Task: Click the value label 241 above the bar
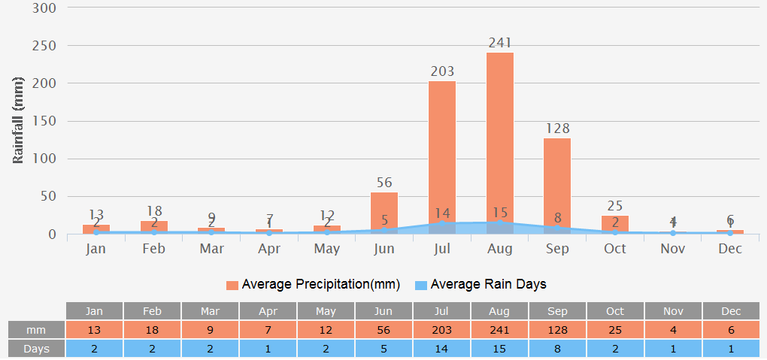(x=500, y=43)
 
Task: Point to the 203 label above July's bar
(x=442, y=71)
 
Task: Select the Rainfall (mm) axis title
(x=19, y=120)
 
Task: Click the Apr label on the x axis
(x=269, y=249)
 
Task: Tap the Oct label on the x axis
(x=615, y=249)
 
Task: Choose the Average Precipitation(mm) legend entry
(x=313, y=284)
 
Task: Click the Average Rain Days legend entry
(x=481, y=284)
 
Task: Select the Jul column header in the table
(x=442, y=311)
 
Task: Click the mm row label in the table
(x=35, y=330)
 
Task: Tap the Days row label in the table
(x=35, y=349)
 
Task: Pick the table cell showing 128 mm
(x=557, y=330)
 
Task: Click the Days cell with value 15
(x=500, y=349)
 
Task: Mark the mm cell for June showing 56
(x=384, y=330)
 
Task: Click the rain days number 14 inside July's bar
(x=442, y=213)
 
